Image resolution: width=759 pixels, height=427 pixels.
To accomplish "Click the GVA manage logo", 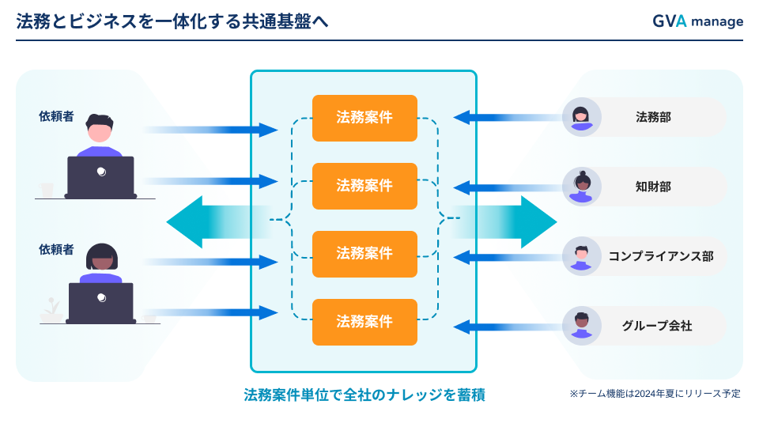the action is (697, 21).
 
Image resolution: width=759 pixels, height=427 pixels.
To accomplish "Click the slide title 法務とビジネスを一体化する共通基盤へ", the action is (172, 21).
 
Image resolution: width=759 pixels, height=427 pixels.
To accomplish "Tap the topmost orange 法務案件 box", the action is (364, 118).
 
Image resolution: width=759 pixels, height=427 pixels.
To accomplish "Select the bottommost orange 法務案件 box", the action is (364, 322).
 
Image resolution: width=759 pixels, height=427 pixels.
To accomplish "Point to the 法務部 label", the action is (653, 117).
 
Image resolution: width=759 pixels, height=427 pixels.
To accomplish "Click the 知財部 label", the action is (653, 187).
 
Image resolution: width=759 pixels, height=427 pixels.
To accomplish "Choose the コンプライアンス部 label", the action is (661, 256).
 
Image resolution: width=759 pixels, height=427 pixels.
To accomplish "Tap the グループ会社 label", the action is (657, 326).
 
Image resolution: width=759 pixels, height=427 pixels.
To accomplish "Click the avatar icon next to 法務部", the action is (581, 117).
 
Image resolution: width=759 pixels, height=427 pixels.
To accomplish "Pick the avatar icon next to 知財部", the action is (581, 187).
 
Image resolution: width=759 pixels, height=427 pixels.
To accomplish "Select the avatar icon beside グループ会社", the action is (581, 326).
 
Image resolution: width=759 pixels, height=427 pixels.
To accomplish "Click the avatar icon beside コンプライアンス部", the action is (581, 256).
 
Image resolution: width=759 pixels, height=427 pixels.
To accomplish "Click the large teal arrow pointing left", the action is (218, 222).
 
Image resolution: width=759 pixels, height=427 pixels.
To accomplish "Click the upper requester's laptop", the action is (100, 177).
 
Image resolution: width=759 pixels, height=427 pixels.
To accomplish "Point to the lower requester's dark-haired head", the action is (102, 256).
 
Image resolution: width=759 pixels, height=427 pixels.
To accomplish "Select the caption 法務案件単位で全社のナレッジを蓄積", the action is (364, 395).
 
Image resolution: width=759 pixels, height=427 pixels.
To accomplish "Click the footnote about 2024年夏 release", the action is (655, 394).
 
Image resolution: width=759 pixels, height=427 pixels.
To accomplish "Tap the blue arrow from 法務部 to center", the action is (508, 117).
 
